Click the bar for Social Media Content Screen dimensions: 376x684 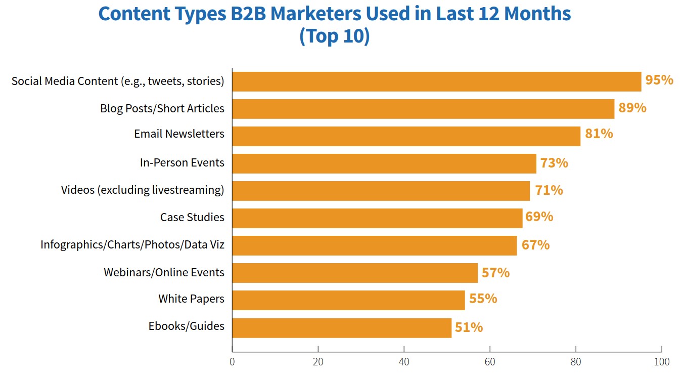(x=436, y=81)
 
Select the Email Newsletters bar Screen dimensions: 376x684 (x=406, y=136)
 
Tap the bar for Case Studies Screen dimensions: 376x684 (x=377, y=218)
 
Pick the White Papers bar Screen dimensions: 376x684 (x=348, y=300)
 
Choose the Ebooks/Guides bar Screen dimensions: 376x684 (x=342, y=327)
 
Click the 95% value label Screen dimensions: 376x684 (x=659, y=80)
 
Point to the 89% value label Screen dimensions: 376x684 (x=632, y=108)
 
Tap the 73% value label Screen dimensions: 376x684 (x=554, y=163)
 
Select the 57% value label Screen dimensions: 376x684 (x=495, y=273)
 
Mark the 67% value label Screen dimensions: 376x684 (x=535, y=245)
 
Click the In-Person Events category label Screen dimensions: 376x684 (x=182, y=163)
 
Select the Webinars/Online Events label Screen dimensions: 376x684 (x=164, y=272)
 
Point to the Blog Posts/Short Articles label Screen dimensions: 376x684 (x=162, y=108)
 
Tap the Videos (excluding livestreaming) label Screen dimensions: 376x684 (x=143, y=190)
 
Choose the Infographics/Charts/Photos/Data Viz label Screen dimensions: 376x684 (x=132, y=245)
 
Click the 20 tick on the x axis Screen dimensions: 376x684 (x=318, y=362)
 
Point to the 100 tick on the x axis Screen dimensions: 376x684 (x=661, y=362)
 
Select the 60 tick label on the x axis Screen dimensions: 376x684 (x=489, y=362)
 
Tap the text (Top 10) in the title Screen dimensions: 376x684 (x=335, y=36)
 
